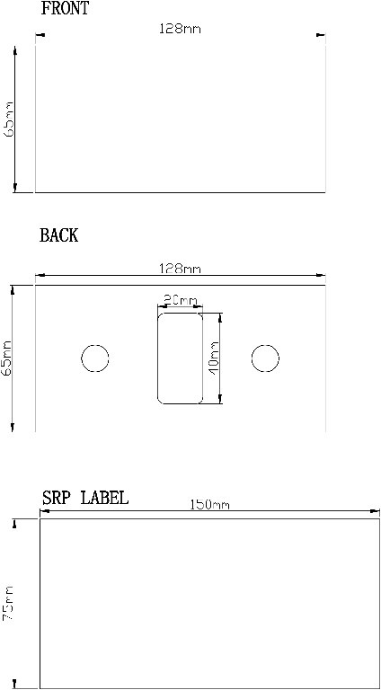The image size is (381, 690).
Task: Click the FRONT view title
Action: click(65, 8)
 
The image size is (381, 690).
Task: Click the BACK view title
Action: click(59, 235)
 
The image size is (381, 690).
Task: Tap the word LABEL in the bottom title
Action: click(105, 498)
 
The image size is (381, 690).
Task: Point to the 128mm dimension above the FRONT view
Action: click(180, 29)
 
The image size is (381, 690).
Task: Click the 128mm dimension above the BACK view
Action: click(180, 269)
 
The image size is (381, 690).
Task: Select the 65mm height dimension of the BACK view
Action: click(7, 358)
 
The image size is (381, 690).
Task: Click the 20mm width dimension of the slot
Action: click(181, 301)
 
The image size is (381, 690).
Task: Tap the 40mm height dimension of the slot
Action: click(214, 357)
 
